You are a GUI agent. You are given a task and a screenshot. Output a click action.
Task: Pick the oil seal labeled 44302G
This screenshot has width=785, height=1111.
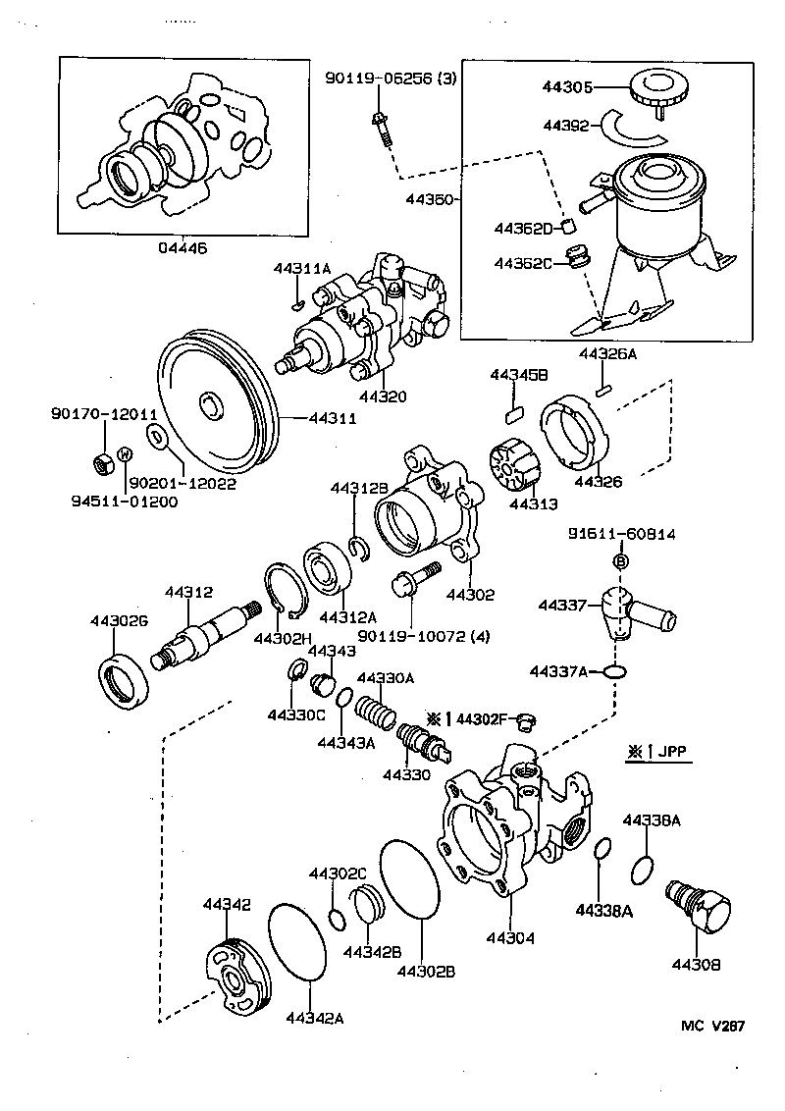(126, 678)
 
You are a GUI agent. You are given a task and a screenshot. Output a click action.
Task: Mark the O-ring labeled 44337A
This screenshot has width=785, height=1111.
(614, 672)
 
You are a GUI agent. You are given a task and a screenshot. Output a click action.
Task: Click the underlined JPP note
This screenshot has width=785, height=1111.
(671, 753)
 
